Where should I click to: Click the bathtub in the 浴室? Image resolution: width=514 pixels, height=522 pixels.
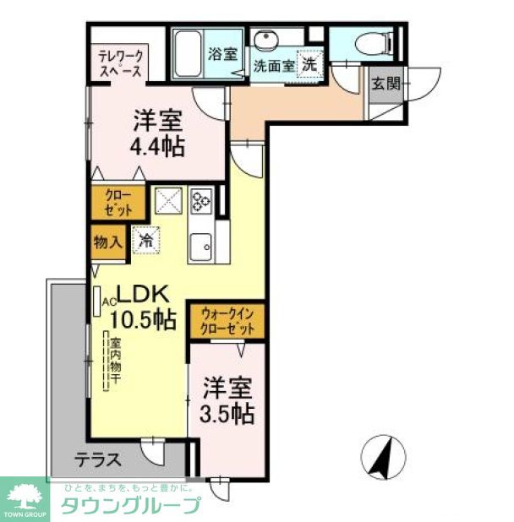tap(188, 52)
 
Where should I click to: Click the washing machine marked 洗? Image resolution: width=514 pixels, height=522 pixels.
tap(310, 63)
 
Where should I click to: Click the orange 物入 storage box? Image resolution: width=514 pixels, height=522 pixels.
tap(107, 242)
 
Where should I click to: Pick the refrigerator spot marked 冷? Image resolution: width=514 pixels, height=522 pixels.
tap(145, 240)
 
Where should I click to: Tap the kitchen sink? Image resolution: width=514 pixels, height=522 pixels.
tap(202, 246)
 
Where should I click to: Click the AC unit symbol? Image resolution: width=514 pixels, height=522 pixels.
tap(98, 301)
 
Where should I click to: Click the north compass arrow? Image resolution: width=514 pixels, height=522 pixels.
tap(383, 458)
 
